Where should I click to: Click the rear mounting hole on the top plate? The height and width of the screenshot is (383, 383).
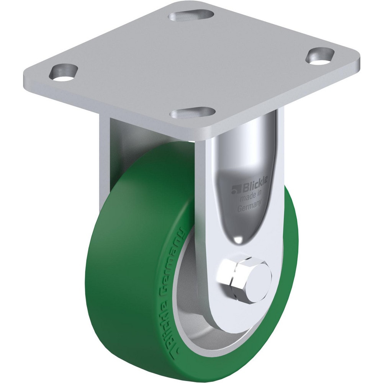[x=191, y=16]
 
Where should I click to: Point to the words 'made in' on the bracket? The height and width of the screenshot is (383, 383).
[x=251, y=198]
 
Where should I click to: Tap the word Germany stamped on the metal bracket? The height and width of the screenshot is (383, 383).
[x=249, y=205]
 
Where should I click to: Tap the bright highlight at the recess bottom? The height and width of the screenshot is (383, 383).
[x=238, y=239]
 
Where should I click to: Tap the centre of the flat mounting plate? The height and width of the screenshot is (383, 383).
[x=191, y=65]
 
